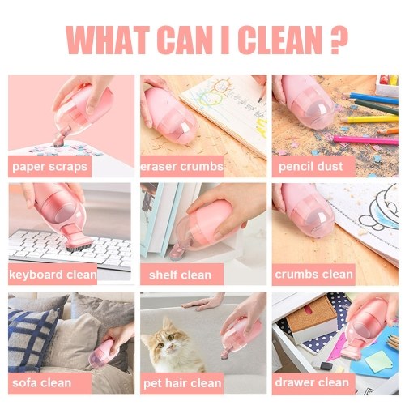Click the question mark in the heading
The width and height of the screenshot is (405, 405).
(339, 40)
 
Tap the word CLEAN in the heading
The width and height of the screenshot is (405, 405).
(280, 40)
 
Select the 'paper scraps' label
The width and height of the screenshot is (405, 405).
(50, 166)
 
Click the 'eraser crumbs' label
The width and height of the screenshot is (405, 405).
(182, 166)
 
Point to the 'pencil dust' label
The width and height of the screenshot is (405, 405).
(311, 166)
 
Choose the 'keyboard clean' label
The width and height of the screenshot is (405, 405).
(53, 275)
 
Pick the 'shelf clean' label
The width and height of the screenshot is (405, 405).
(180, 275)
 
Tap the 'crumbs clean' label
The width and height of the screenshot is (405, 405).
(313, 275)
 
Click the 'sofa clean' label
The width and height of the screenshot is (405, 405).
(42, 383)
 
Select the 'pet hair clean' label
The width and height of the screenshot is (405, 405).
(182, 383)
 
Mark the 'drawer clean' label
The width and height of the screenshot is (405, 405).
(312, 382)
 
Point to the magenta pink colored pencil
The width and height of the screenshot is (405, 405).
(366, 139)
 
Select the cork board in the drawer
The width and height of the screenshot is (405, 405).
(310, 314)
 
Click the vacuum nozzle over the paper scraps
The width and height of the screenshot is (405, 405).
(60, 139)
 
